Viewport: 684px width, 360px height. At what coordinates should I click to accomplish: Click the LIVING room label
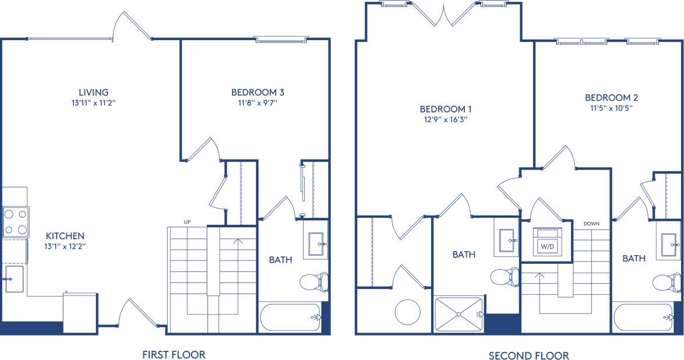(x=94, y=92)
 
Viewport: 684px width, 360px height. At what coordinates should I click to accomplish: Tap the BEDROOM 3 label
(x=258, y=92)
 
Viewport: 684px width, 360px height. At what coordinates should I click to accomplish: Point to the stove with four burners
(x=16, y=222)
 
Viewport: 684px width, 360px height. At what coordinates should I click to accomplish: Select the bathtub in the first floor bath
(x=290, y=317)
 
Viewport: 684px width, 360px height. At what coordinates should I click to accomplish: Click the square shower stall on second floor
(x=459, y=314)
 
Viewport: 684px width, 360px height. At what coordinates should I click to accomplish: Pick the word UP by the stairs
(x=187, y=222)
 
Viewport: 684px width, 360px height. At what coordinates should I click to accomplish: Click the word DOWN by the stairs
(x=591, y=224)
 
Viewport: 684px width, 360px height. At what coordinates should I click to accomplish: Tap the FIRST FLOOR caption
(x=174, y=354)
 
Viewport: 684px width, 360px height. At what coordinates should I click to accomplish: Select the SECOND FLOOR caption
(x=528, y=355)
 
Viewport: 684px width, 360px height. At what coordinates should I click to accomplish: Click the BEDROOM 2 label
(x=612, y=98)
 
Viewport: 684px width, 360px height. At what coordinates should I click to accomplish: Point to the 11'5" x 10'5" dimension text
(x=612, y=108)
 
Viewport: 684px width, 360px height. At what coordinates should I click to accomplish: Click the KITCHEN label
(x=65, y=236)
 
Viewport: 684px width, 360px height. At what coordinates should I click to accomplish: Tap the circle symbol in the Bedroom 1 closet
(x=408, y=312)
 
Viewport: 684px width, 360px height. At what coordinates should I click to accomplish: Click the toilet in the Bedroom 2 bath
(x=667, y=283)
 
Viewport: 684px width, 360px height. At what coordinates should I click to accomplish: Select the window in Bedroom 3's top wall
(x=281, y=40)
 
